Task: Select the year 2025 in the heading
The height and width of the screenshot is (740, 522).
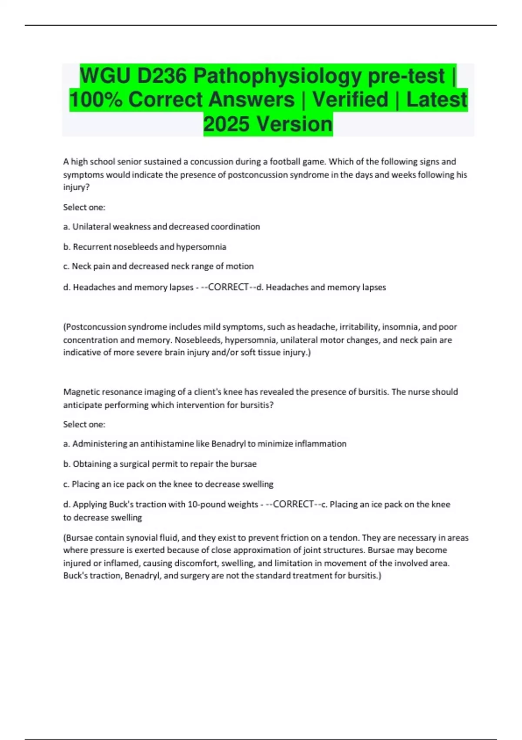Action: click(226, 124)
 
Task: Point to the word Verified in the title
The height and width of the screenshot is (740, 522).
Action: click(350, 100)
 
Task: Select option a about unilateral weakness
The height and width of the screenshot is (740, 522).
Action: click(161, 227)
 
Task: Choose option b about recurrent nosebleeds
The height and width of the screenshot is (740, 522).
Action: click(145, 247)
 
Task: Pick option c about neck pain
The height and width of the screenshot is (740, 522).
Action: click(158, 266)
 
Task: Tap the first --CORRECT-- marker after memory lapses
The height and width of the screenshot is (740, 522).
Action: click(228, 287)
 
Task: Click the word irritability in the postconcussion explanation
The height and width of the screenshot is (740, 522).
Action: click(358, 327)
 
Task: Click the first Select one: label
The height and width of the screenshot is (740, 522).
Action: click(84, 208)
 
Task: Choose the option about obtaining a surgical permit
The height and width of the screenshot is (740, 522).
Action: click(160, 464)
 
